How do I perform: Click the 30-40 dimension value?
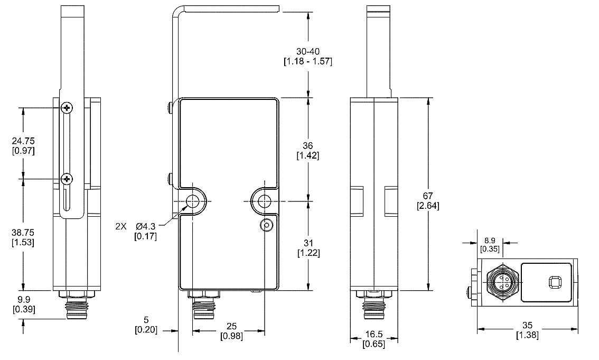pyautogui.click(x=307, y=51)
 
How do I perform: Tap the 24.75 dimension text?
pyautogui.click(x=23, y=142)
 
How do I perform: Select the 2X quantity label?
pyautogui.click(x=121, y=226)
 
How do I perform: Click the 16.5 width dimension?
pyautogui.click(x=373, y=335)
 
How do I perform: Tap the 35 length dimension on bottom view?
pyautogui.click(x=527, y=326)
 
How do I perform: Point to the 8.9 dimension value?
pyautogui.click(x=489, y=239)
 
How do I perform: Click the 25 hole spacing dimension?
pyautogui.click(x=228, y=327)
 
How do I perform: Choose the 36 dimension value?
pyautogui.click(x=307, y=145)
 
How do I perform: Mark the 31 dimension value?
pyautogui.click(x=307, y=243)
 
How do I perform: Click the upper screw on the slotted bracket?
pyautogui.click(x=67, y=108)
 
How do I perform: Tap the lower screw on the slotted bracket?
pyautogui.click(x=67, y=179)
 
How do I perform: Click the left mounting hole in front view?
pyautogui.click(x=193, y=201)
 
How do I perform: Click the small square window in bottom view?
pyautogui.click(x=555, y=283)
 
